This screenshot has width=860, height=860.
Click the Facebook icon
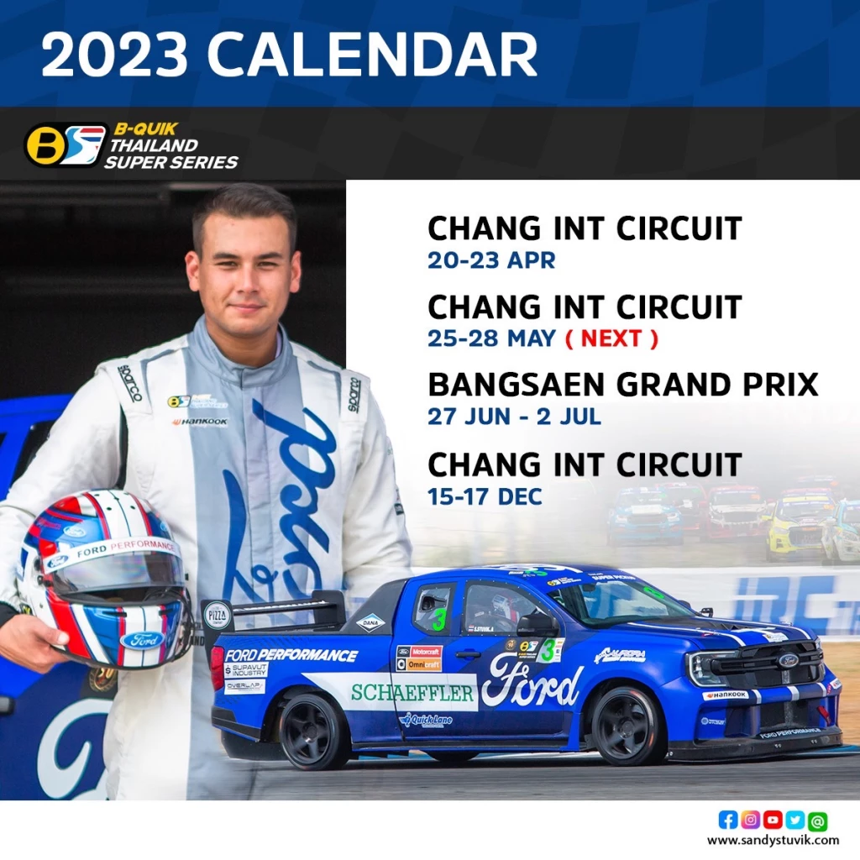(727, 820)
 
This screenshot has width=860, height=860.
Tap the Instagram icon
(750, 820)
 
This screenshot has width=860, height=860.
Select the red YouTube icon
(773, 820)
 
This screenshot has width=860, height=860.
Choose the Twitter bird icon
(794, 820)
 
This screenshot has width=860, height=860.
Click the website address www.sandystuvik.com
(773, 840)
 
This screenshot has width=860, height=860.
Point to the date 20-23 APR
(490, 260)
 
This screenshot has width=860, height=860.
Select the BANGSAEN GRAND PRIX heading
(622, 385)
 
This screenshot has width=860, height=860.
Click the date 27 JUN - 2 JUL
(514, 417)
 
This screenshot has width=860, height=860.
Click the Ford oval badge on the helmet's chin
(142, 640)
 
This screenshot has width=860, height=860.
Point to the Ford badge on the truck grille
(788, 660)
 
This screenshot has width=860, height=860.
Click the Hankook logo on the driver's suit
(200, 422)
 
